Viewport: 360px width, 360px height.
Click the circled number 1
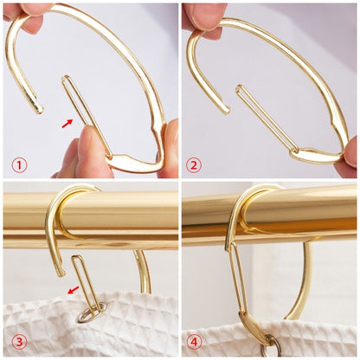point(19,164)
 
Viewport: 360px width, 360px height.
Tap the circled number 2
point(194,164)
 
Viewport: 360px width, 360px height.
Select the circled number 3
point(17,341)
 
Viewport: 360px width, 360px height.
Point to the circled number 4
point(195,341)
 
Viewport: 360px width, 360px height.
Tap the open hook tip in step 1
point(35,107)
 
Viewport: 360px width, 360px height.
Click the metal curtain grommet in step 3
point(88,314)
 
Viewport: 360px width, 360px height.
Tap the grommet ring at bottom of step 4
point(272,348)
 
